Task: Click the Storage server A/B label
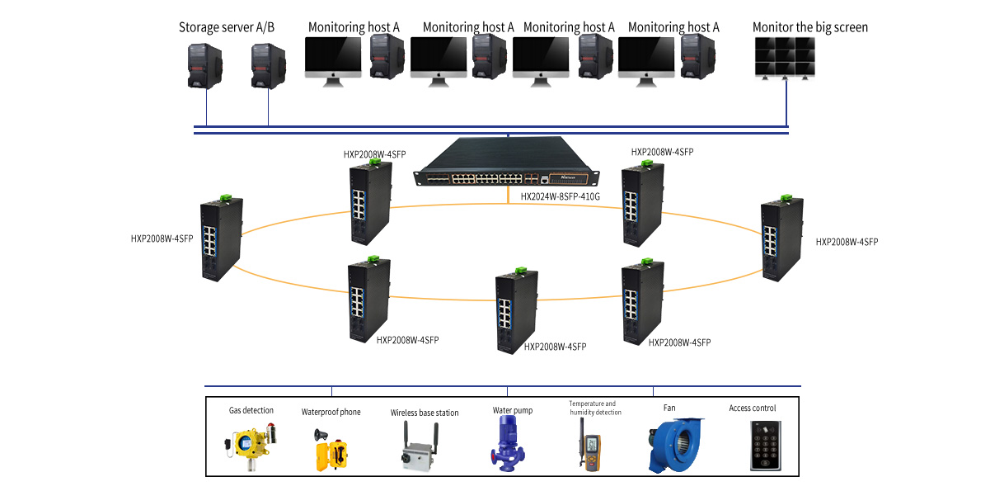coord(227,27)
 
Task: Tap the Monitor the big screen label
coord(809,27)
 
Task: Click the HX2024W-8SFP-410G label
coord(561,196)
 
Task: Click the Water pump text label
coord(513,410)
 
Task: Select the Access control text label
coord(752,408)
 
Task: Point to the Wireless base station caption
coord(425,413)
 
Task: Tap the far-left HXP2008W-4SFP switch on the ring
coord(220,240)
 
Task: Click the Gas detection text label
coord(251,410)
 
